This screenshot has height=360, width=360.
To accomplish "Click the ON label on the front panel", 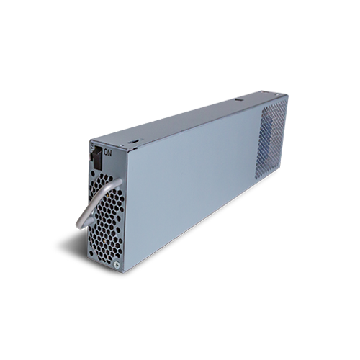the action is point(107,153).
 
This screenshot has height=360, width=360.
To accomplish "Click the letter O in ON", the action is point(106,153).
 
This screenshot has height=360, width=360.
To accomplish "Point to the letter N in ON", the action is point(109,153).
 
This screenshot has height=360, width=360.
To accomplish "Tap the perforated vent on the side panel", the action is point(271,139).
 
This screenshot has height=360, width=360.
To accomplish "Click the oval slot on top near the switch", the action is point(133,142).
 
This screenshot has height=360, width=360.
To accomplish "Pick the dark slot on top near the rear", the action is point(238,99).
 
